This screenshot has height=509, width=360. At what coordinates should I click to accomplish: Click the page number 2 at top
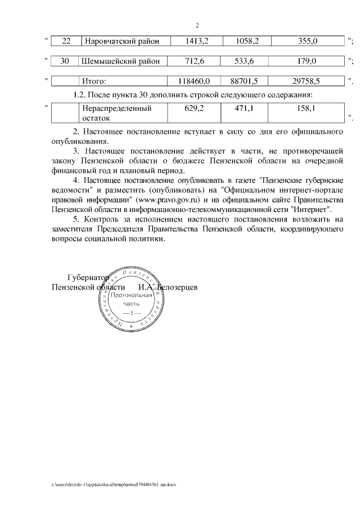point(197,25)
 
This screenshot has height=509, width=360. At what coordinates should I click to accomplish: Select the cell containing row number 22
point(66,40)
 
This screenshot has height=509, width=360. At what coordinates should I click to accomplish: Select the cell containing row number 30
point(66,61)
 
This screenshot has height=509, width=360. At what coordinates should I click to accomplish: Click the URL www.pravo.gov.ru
point(165,199)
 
